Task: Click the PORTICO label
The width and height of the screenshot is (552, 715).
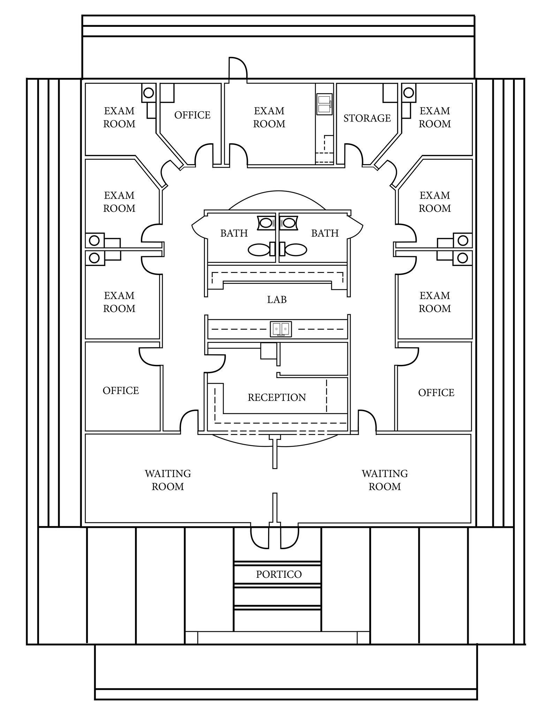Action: click(279, 574)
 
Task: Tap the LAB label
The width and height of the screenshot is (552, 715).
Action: click(277, 300)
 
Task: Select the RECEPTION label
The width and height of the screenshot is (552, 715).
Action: click(277, 397)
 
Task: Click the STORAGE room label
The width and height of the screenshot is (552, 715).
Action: click(367, 118)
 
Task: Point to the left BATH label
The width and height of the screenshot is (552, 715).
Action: click(234, 233)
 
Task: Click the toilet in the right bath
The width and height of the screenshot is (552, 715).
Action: click(295, 249)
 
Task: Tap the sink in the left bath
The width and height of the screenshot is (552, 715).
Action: click(266, 223)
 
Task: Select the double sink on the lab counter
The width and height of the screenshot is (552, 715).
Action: click(281, 329)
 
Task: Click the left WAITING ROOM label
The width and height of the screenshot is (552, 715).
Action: click(168, 480)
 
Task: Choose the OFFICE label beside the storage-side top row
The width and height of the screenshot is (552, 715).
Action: click(192, 115)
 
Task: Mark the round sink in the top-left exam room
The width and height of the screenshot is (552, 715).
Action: click(149, 93)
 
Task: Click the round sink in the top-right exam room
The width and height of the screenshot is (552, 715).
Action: click(408, 93)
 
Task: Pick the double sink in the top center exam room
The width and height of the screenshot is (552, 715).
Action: click(324, 104)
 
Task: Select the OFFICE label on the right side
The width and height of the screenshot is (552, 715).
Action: click(436, 393)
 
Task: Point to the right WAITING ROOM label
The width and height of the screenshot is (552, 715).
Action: click(385, 480)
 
